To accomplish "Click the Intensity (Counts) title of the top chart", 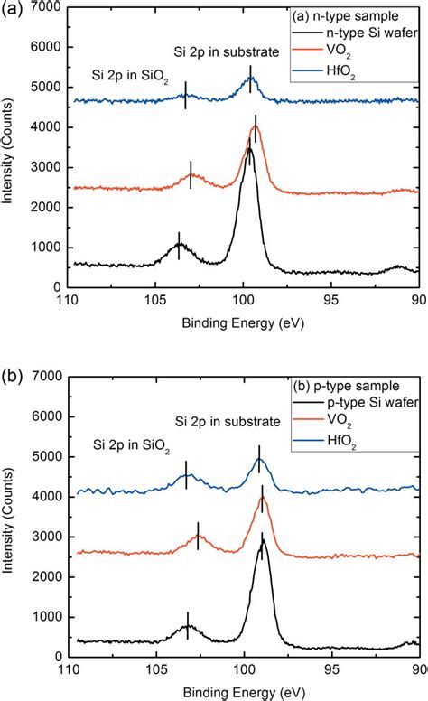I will coord(10,147).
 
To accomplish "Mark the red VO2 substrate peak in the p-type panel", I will coord(262,498).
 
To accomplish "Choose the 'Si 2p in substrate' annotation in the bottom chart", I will coord(228,421).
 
